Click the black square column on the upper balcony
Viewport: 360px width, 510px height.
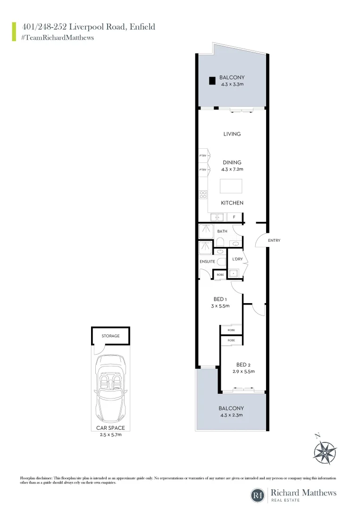click(x=212, y=80)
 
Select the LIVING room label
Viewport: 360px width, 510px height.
click(x=232, y=134)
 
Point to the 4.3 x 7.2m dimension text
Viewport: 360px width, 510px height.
click(x=232, y=169)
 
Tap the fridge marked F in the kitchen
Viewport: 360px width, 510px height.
click(x=234, y=217)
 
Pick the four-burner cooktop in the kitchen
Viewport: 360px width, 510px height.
click(x=203, y=195)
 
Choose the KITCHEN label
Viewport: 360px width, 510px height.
click(x=232, y=203)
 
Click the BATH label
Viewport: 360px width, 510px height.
click(x=222, y=231)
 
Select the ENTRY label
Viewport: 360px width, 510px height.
click(x=274, y=240)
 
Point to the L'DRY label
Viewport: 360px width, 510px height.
click(x=237, y=259)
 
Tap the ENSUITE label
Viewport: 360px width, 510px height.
click(x=207, y=261)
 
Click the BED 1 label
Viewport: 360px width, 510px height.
click(x=220, y=299)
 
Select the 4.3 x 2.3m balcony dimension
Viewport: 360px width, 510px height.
click(x=231, y=415)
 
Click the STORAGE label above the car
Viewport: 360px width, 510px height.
click(x=110, y=336)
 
